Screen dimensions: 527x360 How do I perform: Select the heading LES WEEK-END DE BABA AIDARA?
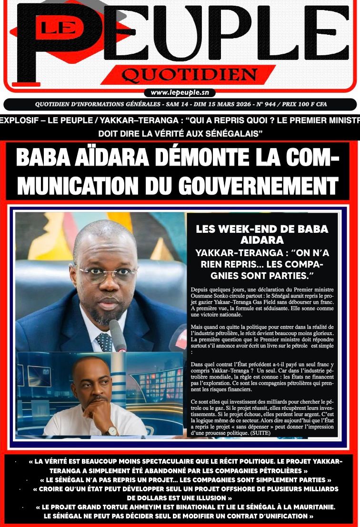tap(262, 234)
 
